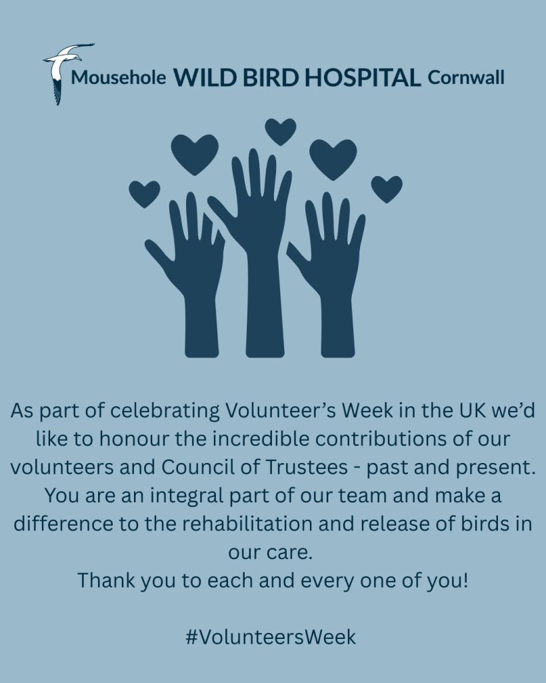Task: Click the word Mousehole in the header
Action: [x=119, y=77]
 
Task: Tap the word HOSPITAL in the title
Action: [x=363, y=77]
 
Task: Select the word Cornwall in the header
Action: [x=466, y=77]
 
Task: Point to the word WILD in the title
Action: [x=205, y=77]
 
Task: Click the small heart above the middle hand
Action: [x=281, y=131]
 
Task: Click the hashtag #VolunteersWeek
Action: [x=271, y=637]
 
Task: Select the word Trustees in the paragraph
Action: [x=307, y=467]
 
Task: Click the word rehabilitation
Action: [x=247, y=524]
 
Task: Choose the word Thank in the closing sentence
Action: [x=106, y=580]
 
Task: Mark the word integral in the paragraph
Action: [x=187, y=496]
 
